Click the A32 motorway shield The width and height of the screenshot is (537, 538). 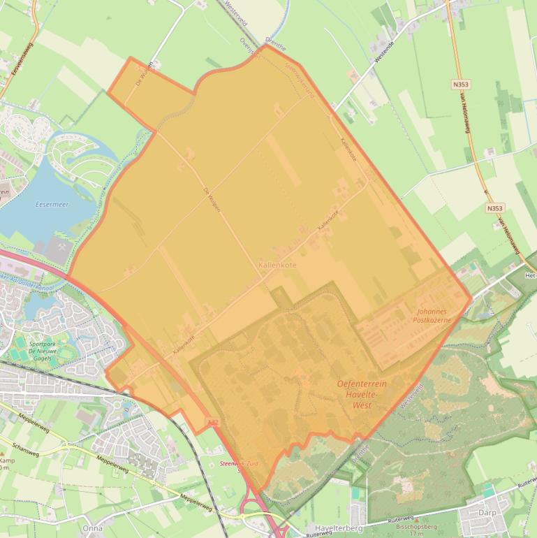click(x=212, y=423)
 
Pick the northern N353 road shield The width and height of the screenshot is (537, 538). click(x=460, y=85)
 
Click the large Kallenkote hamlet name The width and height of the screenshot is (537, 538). click(x=277, y=266)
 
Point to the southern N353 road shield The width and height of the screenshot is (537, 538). click(x=494, y=208)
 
